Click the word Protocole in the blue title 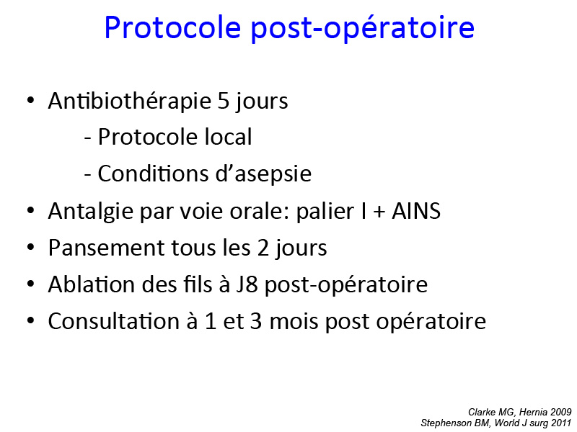point(172,28)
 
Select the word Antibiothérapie point(129,102)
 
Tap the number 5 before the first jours point(223,100)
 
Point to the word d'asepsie point(263,174)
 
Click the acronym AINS point(416,211)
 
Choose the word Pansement point(106,248)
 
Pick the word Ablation point(92,284)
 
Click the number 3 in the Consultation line point(256,321)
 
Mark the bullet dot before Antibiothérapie point(30,100)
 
